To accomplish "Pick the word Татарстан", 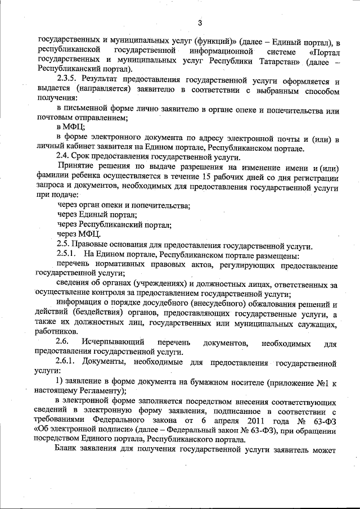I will [280, 60].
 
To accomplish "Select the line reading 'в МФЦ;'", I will [71, 128].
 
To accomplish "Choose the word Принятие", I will [77, 167].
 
